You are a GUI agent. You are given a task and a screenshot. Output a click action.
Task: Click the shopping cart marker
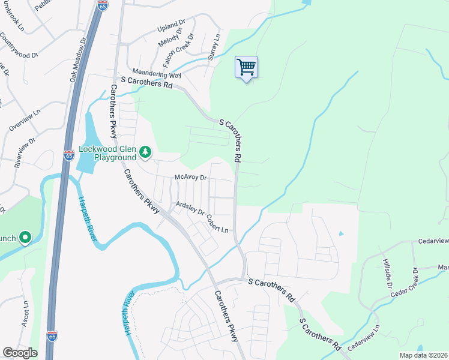tap(246, 68)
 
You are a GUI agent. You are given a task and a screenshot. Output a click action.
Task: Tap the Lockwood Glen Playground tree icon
tap(145, 153)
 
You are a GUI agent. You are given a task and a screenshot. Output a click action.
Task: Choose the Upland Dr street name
tap(172, 27)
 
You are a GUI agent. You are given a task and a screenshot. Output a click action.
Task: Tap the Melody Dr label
tap(169, 40)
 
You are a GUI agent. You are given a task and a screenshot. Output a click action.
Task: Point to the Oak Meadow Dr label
tap(79, 59)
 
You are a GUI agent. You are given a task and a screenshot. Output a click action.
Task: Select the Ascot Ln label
tap(26, 311)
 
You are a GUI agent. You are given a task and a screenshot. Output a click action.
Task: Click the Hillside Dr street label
tap(387, 270)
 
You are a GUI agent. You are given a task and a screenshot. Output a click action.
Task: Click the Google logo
tap(20, 353)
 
